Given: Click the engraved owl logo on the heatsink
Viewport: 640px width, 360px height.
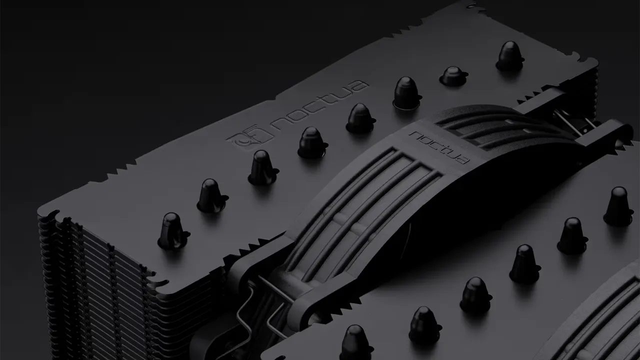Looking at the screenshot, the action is (x=249, y=137).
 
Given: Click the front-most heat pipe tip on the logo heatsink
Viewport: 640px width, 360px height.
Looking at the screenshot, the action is (x=173, y=231).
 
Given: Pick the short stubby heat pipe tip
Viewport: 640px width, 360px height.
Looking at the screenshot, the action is (x=453, y=75).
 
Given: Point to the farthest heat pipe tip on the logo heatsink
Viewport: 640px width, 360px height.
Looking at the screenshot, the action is (x=510, y=56).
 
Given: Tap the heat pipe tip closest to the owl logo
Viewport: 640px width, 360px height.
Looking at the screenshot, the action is (x=312, y=142).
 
